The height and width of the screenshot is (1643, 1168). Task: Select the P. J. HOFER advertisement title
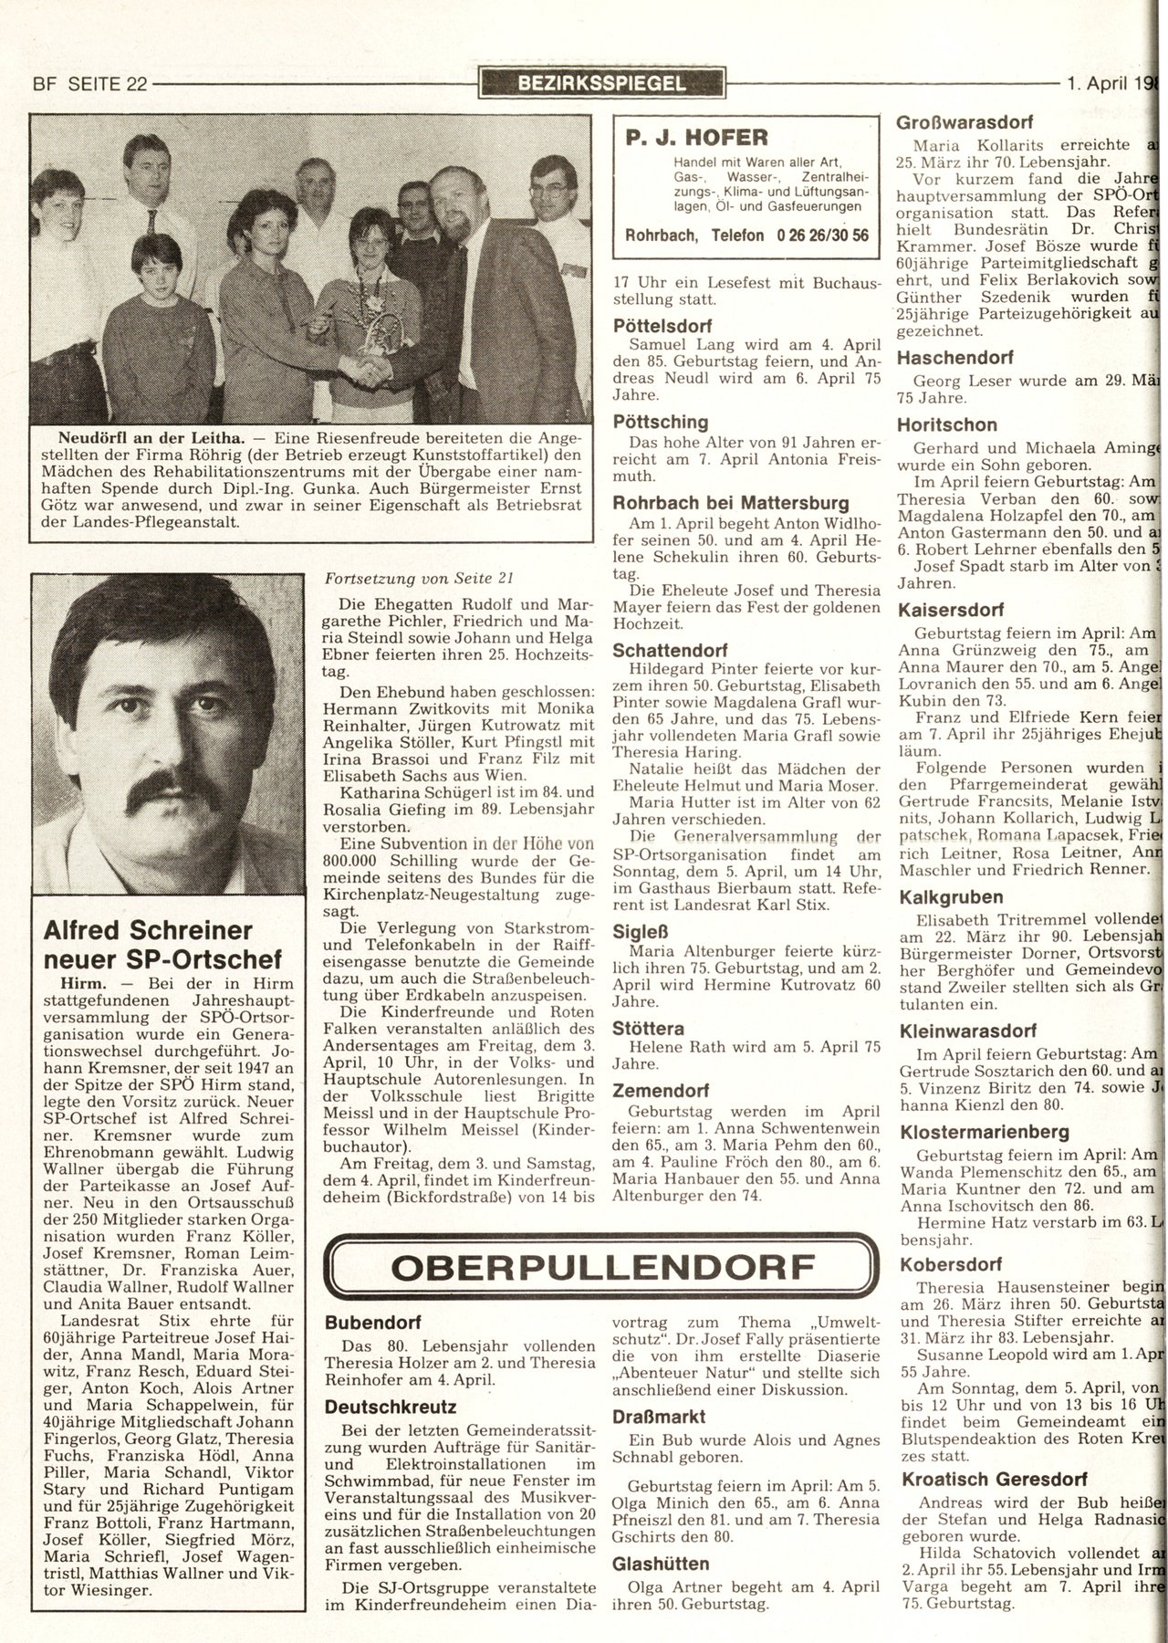(697, 138)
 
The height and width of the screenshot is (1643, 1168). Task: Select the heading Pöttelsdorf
(662, 326)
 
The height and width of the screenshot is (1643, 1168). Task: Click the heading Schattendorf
(670, 651)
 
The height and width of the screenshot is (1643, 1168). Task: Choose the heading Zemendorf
(661, 1090)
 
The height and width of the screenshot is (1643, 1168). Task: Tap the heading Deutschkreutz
(391, 1408)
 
